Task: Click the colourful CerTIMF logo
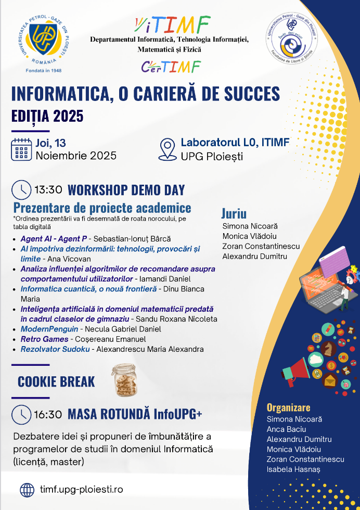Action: (171, 67)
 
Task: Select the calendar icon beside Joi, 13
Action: (21, 150)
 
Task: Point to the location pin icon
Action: (168, 149)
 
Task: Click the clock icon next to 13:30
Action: (21, 189)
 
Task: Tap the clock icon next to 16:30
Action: (21, 414)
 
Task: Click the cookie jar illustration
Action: (124, 380)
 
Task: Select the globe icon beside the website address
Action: (27, 490)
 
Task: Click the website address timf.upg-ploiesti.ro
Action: (82, 489)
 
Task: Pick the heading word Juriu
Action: (234, 214)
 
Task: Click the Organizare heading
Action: (288, 407)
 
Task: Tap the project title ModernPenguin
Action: (49, 329)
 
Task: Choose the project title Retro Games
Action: (45, 339)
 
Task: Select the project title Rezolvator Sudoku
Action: (55, 349)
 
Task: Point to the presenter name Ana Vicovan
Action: (69, 259)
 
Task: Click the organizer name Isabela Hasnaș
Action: (293, 469)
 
